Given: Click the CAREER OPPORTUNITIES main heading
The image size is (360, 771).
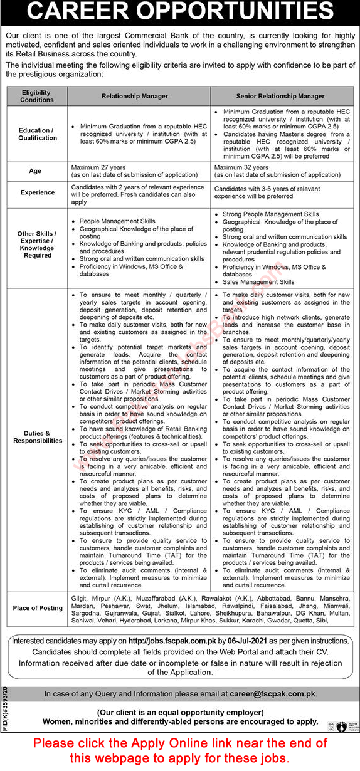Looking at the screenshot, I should click(180, 12).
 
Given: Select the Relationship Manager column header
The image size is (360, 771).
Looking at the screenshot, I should click(135, 96).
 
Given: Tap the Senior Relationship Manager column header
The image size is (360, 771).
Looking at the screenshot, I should click(282, 96).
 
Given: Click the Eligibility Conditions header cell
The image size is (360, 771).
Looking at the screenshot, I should click(37, 96).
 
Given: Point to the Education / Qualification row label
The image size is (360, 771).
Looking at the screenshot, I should click(37, 134).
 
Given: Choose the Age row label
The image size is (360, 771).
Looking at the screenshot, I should click(37, 170).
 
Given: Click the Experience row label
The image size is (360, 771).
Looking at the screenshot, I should click(37, 193).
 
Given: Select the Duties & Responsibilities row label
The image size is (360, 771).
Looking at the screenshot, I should click(37, 436).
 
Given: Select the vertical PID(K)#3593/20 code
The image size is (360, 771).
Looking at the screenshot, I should click(5, 706).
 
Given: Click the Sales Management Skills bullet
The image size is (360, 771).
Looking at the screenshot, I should click(259, 282).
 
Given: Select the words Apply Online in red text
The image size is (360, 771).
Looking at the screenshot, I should click(206, 743).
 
